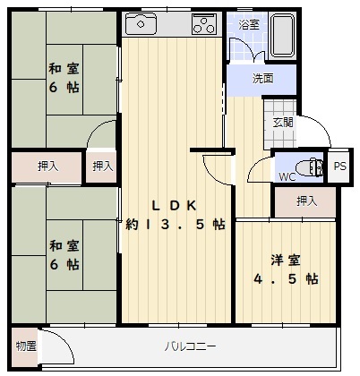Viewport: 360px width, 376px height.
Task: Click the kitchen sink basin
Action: click(141, 24)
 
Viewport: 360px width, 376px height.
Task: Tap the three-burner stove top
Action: click(204, 24)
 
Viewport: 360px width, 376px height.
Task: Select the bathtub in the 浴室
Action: click(282, 35)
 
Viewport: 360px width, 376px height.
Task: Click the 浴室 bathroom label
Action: click(249, 24)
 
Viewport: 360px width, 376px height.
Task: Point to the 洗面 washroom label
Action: click(262, 79)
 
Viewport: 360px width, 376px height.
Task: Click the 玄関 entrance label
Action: click(283, 123)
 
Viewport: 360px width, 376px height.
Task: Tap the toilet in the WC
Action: click(311, 167)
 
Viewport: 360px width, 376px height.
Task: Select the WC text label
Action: click(287, 176)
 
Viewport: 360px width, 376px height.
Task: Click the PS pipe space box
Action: click(339, 166)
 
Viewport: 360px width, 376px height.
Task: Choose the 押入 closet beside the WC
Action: click(305, 201)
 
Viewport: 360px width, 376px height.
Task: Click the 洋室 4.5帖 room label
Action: click(286, 269)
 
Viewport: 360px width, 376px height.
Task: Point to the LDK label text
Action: click(175, 206)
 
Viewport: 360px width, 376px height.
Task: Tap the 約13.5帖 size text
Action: click(176, 224)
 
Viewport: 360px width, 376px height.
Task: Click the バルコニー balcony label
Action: click(190, 346)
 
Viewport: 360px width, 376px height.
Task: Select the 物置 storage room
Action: click(25, 346)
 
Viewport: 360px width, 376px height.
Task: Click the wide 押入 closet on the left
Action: click(47, 167)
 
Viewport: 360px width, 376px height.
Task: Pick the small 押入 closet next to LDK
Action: click(101, 167)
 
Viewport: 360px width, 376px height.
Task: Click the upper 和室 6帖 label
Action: click(64, 78)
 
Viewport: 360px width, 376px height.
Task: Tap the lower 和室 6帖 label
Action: click(64, 255)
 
